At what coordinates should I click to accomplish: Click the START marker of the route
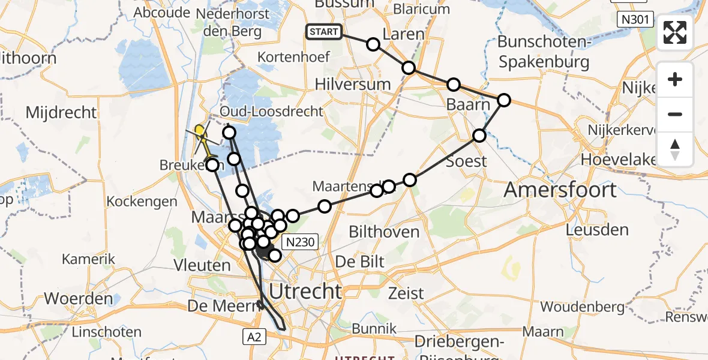(x=324, y=32)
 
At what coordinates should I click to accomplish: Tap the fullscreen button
(x=675, y=33)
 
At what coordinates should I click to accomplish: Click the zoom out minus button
(x=675, y=114)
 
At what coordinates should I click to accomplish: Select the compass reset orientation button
(x=675, y=149)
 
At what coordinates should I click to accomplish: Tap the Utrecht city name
(x=305, y=292)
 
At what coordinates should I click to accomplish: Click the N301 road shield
(x=634, y=20)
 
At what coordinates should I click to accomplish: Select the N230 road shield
(x=298, y=242)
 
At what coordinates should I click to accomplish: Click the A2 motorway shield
(x=254, y=338)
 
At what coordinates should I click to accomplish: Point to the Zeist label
(x=406, y=293)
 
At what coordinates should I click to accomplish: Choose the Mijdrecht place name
(x=61, y=112)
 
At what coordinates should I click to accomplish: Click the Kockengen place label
(x=142, y=202)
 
